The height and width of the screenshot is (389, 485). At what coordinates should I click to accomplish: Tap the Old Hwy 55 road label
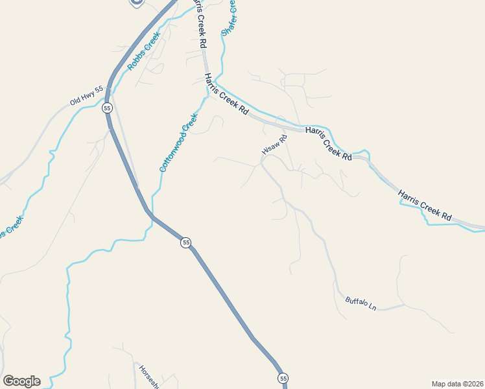[x=86, y=96]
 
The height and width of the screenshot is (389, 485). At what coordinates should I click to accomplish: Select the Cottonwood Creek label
[x=178, y=143]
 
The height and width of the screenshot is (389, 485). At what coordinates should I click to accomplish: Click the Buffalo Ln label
[x=361, y=302]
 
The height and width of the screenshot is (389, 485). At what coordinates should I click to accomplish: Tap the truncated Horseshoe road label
[x=148, y=376]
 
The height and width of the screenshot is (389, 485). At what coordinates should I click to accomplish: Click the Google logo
[x=21, y=381]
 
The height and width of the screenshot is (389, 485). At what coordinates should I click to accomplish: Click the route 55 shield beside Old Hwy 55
[x=107, y=108]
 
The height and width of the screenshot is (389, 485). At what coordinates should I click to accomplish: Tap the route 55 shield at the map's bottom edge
[x=283, y=377]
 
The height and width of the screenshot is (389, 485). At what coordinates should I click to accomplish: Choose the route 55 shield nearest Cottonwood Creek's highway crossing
[x=186, y=242]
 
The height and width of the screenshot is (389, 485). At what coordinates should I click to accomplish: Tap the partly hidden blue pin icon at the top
[x=136, y=3]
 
